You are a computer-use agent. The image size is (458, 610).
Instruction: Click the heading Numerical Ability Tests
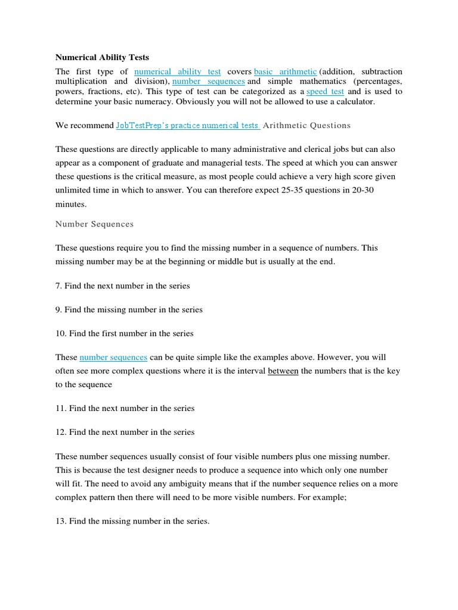pos(102,57)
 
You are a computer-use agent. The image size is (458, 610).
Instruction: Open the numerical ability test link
pos(178,71)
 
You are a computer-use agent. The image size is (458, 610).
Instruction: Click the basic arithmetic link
pos(285,71)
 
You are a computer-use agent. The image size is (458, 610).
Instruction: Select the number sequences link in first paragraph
pos(209,81)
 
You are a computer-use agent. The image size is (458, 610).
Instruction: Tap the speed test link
pos(325,91)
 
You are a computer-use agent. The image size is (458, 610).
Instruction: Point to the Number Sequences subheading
pos(94,224)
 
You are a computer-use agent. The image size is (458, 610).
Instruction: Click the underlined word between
pos(283,371)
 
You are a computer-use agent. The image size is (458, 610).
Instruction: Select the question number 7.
pos(58,286)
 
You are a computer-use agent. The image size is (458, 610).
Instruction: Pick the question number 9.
pos(58,310)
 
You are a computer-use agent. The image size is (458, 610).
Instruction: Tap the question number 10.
pos(61,334)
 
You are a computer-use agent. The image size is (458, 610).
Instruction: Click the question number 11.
pos(61,409)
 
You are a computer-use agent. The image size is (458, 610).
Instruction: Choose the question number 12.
pos(61,432)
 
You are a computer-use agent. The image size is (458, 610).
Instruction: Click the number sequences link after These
pos(113,357)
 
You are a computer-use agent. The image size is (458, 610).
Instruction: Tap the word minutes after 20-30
pos(71,204)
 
